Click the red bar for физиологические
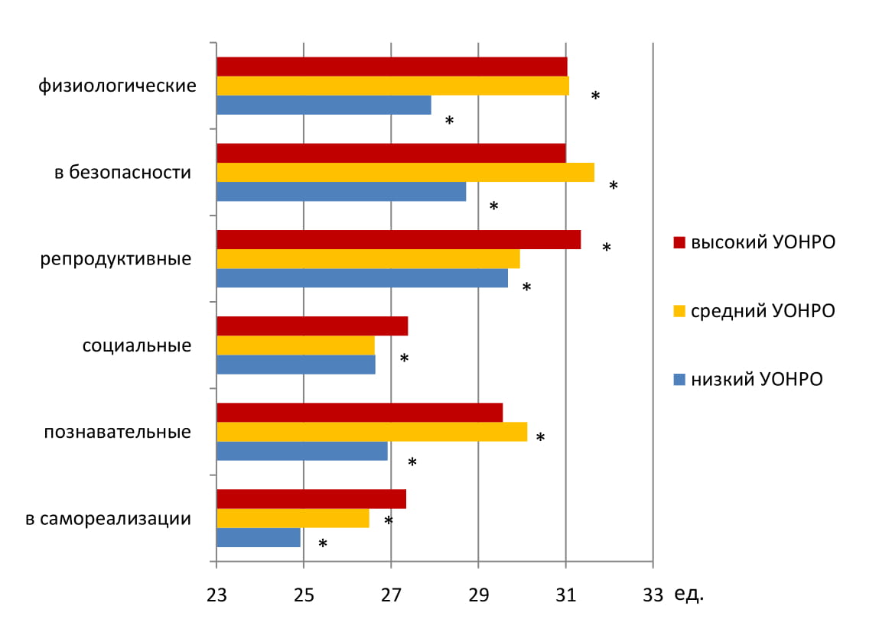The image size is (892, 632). [392, 66]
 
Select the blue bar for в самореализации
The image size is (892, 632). [259, 537]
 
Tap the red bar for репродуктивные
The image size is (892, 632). [399, 239]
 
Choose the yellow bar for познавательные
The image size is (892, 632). [372, 432]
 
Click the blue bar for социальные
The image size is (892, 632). [296, 365]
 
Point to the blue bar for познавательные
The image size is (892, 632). [302, 451]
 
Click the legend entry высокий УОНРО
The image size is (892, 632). [754, 243]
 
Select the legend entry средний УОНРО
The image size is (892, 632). [754, 311]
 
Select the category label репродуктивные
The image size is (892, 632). [116, 259]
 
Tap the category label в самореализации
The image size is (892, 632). [108, 520]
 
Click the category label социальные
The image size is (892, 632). [136, 345]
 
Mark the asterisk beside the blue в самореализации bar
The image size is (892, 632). [323, 544]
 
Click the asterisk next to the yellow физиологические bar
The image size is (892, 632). [595, 96]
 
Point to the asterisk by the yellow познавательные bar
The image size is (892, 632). [540, 438]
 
